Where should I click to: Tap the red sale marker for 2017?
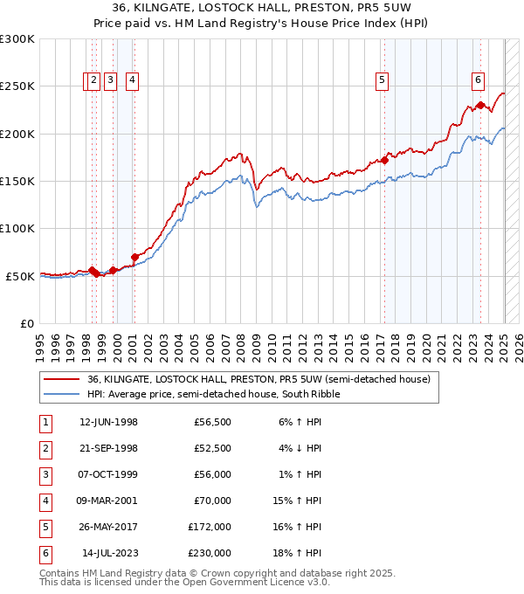pyautogui.click(x=384, y=160)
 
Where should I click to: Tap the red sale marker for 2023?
pyautogui.click(x=480, y=105)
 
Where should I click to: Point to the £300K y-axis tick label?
pyautogui.click(x=17, y=39)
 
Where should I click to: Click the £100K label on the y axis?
pyautogui.click(x=17, y=228)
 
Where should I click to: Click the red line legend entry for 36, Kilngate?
pyautogui.click(x=259, y=380)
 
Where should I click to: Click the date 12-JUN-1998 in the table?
pyautogui.click(x=108, y=423)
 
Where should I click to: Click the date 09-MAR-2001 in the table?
pyautogui.click(x=108, y=501)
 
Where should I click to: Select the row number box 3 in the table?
pyautogui.click(x=45, y=475)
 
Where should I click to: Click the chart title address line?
pyautogui.click(x=262, y=8)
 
